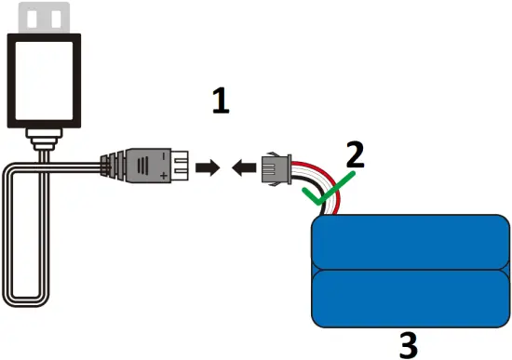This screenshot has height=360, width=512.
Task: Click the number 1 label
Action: pyautogui.click(x=220, y=100)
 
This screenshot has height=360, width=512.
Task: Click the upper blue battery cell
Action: pyautogui.click(x=410, y=242)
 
